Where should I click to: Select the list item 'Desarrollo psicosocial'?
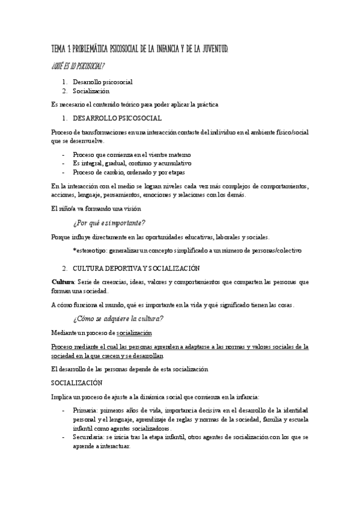pyautogui.click(x=103, y=82)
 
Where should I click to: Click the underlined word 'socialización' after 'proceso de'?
pyautogui.click(x=134, y=333)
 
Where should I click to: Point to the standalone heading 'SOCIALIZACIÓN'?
pyautogui.click(x=77, y=382)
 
